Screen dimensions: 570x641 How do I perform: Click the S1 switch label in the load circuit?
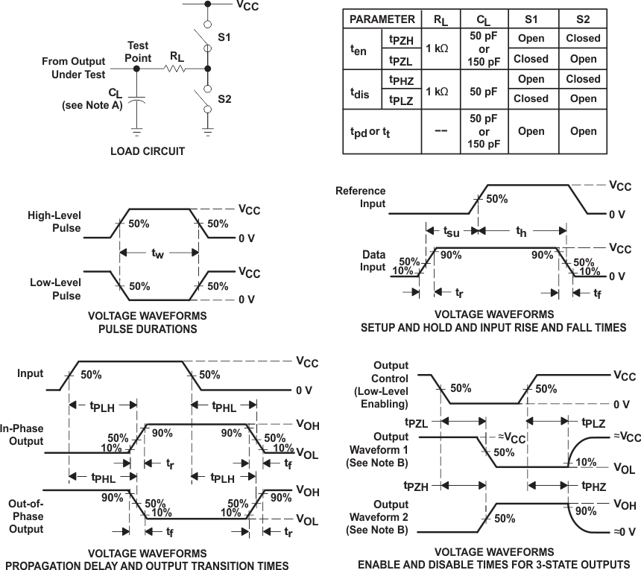pos(224,34)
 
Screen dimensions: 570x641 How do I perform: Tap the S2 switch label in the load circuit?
pos(224,98)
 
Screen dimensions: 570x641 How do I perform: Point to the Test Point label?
pos(138,51)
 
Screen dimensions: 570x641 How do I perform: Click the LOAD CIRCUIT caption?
pos(148,151)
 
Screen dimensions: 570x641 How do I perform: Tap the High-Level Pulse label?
pos(54,221)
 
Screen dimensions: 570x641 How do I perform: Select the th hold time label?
pos(522,232)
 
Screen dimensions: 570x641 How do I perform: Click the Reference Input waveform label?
pos(361,197)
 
